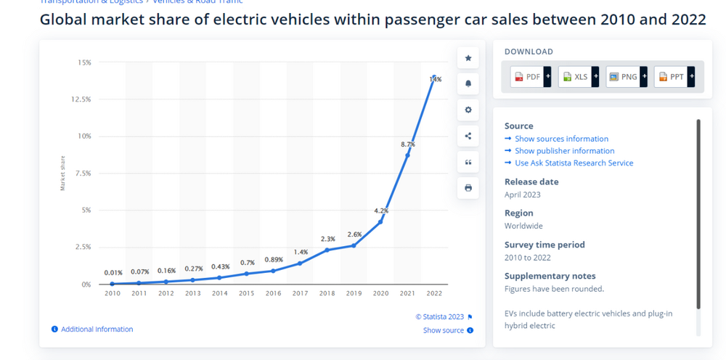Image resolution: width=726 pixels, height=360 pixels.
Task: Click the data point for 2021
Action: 407,155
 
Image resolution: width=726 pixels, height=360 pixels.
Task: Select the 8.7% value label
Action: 407,144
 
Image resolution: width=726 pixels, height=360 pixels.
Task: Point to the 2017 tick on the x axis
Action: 300,293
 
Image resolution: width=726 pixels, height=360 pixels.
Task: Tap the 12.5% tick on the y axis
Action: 81,99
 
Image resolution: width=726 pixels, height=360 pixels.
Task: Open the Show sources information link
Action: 561,139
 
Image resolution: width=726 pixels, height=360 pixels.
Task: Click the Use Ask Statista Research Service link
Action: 574,163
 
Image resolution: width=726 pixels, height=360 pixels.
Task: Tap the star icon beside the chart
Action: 468,58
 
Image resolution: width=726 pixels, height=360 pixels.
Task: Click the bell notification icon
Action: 468,84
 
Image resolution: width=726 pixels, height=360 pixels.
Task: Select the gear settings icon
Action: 468,110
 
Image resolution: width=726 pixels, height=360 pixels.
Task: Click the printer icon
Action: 468,188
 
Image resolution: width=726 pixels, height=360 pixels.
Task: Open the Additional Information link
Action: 97,330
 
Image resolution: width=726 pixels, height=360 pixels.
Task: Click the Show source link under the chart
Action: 444,330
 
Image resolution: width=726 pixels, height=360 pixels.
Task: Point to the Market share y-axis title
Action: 63,173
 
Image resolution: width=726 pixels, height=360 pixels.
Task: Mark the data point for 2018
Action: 327,250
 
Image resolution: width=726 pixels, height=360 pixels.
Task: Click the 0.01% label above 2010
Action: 113,273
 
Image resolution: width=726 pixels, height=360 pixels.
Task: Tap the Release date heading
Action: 531,182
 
